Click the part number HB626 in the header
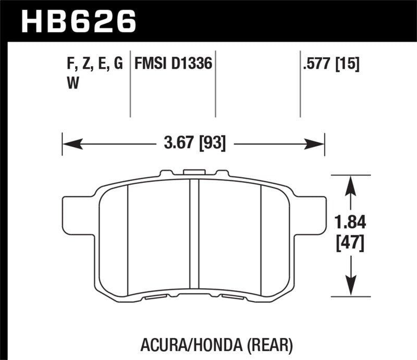pos(78,22)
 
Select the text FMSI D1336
pos(173,64)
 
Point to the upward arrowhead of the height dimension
pos(351,182)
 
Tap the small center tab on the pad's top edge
pos(193,171)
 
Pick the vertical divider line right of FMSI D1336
pos(216,83)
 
